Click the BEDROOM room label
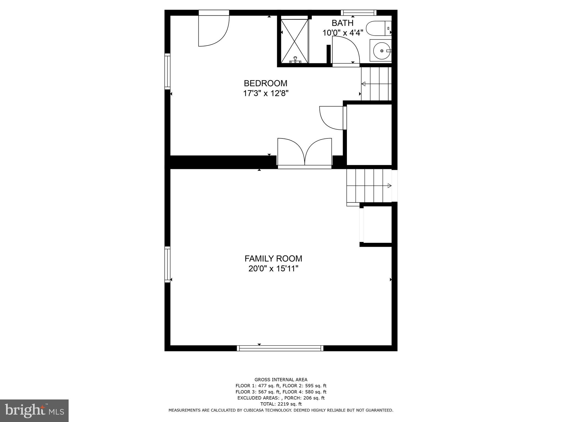click(265, 83)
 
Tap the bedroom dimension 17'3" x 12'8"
click(265, 93)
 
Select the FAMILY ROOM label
click(273, 259)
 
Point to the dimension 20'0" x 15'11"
click(273, 268)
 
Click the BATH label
click(342, 23)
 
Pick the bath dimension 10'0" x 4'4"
click(342, 33)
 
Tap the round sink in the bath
click(381, 51)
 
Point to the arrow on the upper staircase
click(363, 84)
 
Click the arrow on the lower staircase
click(389, 186)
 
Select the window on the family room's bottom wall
click(280, 348)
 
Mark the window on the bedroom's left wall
click(167, 71)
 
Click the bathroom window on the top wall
click(358, 12)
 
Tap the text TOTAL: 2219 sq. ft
click(281, 404)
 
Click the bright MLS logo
click(34, 410)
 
